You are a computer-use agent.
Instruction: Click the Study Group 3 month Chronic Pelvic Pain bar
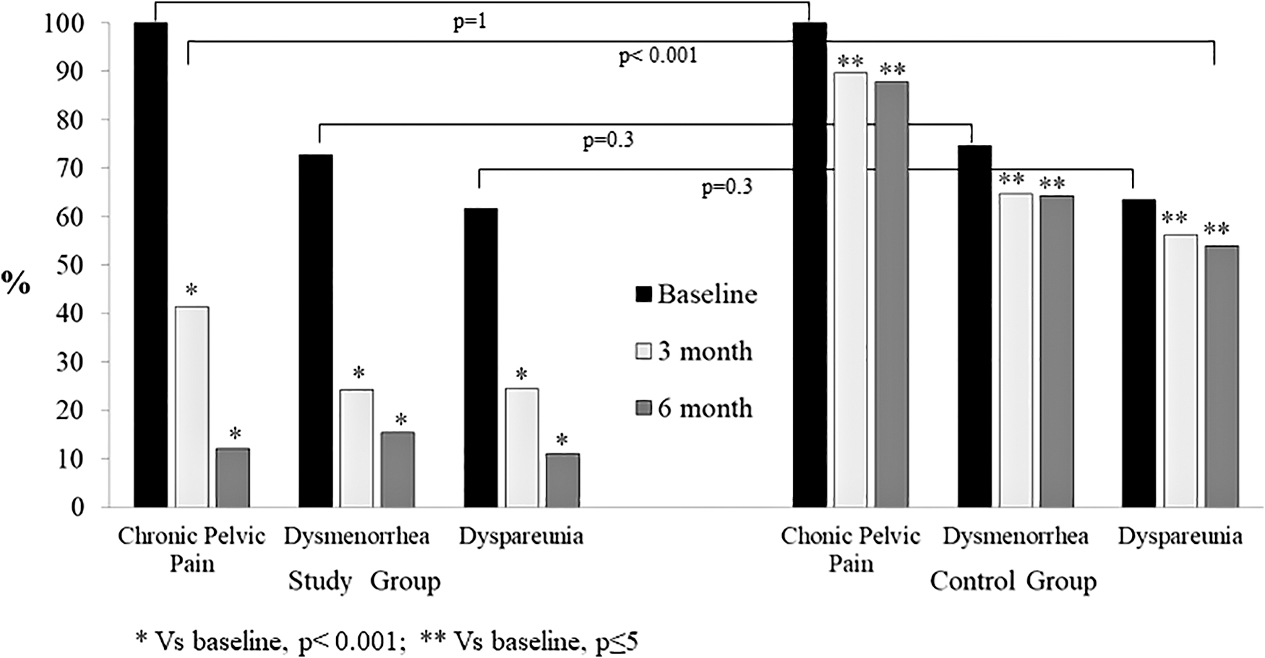(x=192, y=407)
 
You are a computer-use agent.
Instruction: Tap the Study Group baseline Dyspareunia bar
(x=481, y=358)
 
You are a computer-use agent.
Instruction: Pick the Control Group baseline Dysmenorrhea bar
(x=975, y=326)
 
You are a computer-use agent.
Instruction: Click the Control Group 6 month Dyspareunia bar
(x=1222, y=376)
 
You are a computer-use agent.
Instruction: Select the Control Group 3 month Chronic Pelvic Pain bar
(x=851, y=290)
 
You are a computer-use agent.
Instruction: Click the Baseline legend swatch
(x=643, y=295)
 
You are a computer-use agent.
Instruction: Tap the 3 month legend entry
(x=695, y=352)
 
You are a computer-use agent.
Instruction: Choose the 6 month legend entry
(x=695, y=409)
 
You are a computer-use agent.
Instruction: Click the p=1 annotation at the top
(x=470, y=22)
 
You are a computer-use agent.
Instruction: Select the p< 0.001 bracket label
(x=659, y=56)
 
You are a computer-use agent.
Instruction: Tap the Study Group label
(x=364, y=581)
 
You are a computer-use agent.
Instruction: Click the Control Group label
(x=1013, y=581)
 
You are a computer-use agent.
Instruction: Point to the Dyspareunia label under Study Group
(x=521, y=537)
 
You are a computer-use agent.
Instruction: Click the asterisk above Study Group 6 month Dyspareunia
(x=562, y=440)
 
